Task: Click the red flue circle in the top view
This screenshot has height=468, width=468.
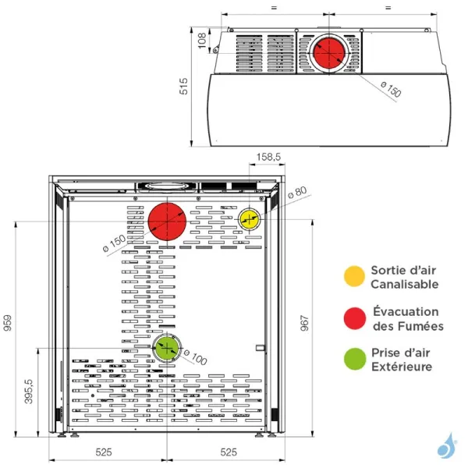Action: [x=329, y=52]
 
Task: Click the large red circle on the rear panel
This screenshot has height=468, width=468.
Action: [x=168, y=222]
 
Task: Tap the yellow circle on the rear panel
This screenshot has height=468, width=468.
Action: [x=250, y=219]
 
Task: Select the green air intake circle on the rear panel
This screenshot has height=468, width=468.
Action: [x=167, y=348]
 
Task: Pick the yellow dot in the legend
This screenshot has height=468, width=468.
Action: [x=355, y=276]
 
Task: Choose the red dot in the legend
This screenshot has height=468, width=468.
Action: [x=355, y=317]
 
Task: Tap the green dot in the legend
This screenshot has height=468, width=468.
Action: [x=355, y=359]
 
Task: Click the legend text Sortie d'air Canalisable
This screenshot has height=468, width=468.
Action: [x=404, y=277]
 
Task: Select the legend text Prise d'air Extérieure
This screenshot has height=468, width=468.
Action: [x=402, y=359]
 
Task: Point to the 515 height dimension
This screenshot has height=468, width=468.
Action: [x=184, y=86]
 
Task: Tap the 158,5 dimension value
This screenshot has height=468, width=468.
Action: [x=268, y=158]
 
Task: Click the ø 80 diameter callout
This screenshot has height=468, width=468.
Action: [x=297, y=191]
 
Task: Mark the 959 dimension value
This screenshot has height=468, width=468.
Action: [x=8, y=322]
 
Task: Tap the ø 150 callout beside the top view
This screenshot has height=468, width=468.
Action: [x=391, y=89]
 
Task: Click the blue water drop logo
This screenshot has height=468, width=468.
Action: [x=445, y=445]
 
